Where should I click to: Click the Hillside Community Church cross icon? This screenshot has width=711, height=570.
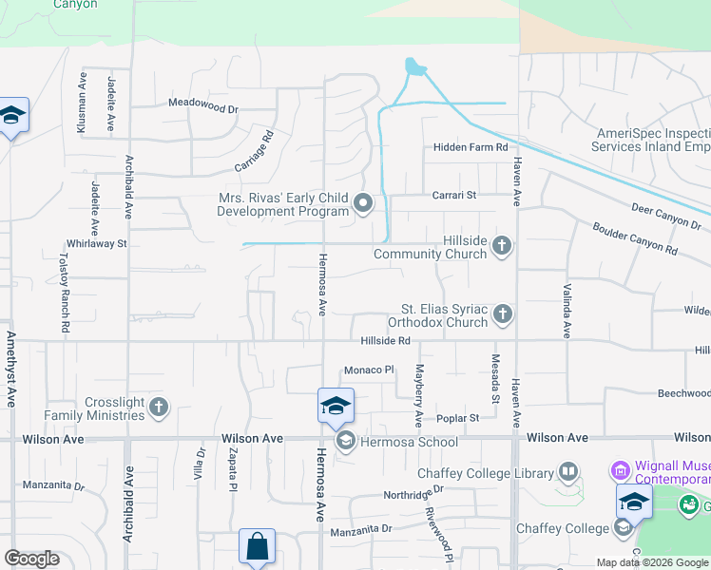[x=502, y=247]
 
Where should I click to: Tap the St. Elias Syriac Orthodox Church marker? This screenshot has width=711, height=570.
[x=502, y=313]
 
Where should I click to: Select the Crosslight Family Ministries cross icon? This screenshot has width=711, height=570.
[x=159, y=408]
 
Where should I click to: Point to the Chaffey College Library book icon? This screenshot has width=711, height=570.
[x=568, y=471]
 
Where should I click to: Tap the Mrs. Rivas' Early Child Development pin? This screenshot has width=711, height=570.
[x=363, y=203]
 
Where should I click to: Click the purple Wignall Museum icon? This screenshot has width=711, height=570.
[x=620, y=470]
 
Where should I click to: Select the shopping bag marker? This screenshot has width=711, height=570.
[x=257, y=546]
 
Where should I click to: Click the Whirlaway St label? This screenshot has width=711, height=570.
[x=95, y=243]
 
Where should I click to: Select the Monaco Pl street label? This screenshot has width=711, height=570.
[x=369, y=370]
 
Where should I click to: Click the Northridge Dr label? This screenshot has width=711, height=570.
[x=413, y=493]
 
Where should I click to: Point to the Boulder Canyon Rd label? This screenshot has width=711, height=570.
[x=634, y=239]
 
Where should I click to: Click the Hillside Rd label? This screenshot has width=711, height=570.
[x=385, y=341]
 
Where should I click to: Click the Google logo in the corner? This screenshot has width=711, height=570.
[x=31, y=559]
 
